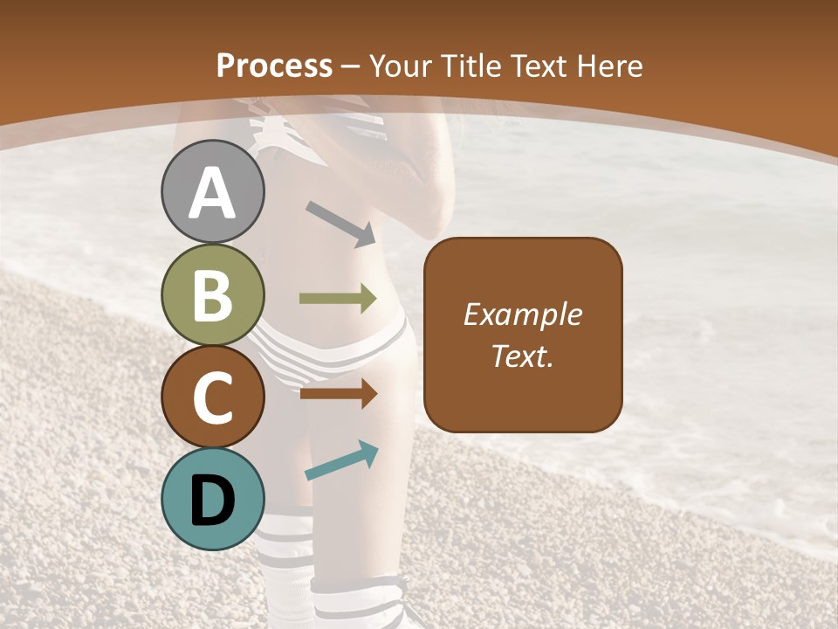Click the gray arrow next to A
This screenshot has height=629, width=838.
click(341, 223)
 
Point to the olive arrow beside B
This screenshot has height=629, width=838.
click(338, 299)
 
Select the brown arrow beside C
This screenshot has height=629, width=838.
click(338, 394)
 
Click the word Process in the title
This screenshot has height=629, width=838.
click(274, 66)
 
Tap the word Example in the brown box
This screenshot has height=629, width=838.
click(522, 314)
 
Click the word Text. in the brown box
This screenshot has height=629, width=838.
click(522, 356)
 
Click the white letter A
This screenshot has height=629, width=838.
click(213, 194)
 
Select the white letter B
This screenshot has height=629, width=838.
click(213, 295)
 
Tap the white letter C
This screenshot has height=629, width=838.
click(213, 398)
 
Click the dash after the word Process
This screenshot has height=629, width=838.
click(351, 66)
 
